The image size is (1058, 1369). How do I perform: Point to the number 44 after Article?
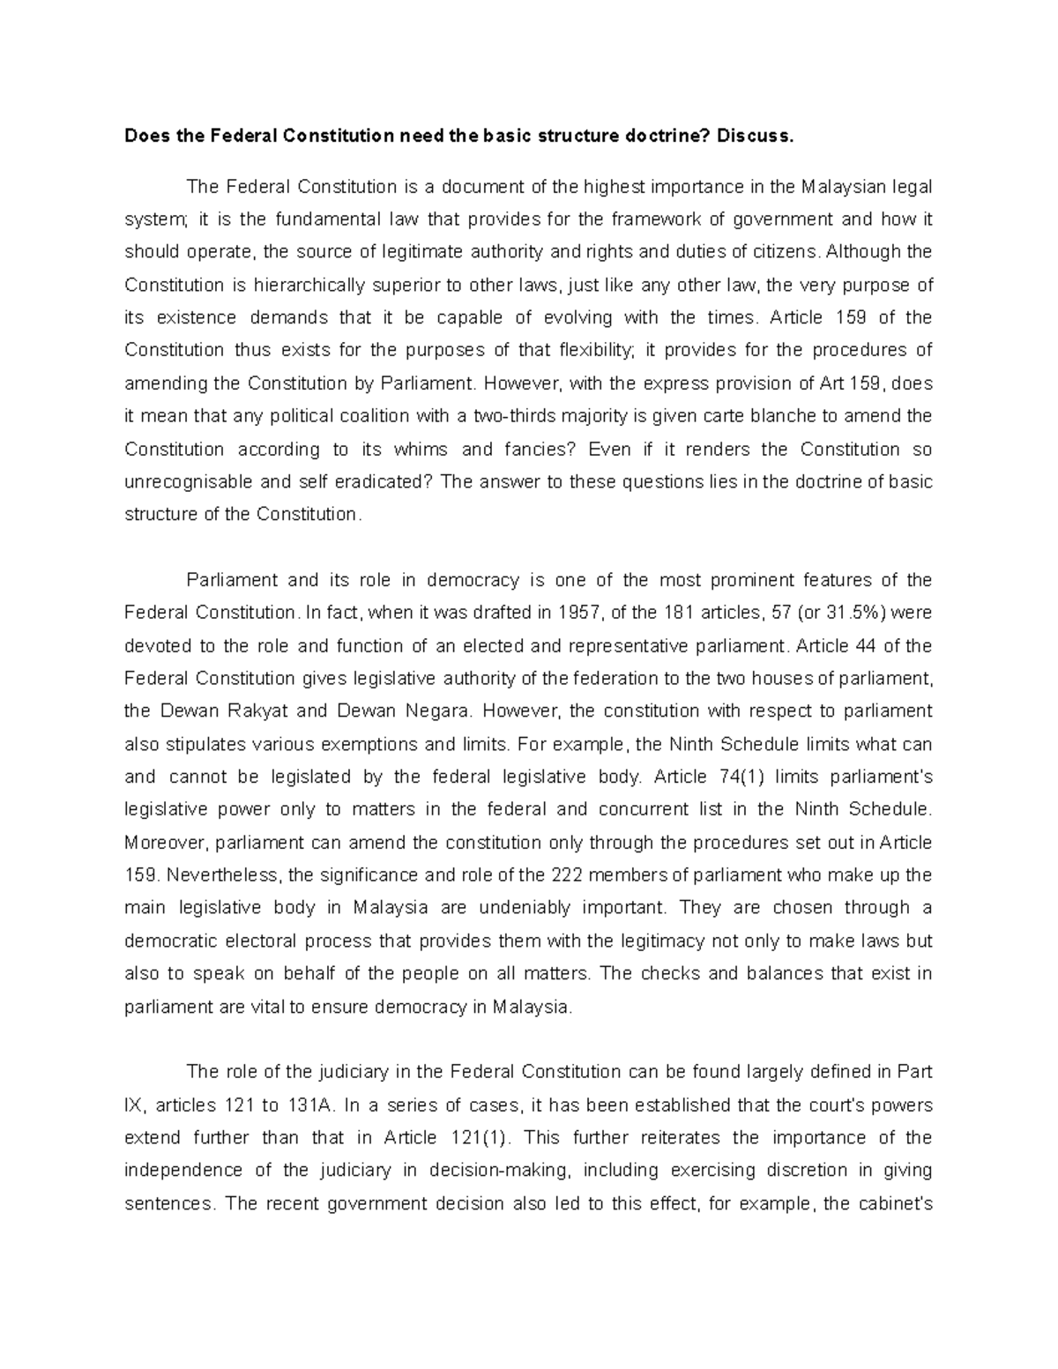[x=865, y=645]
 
